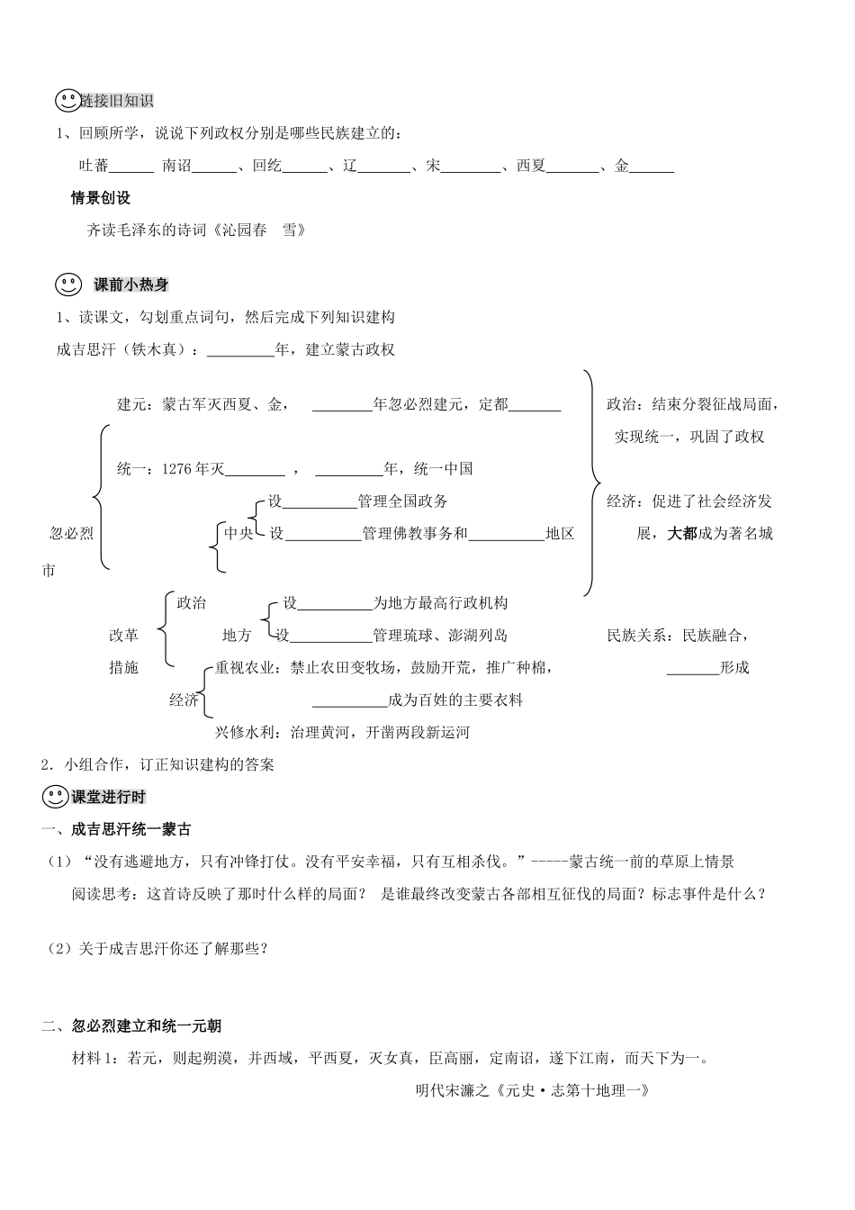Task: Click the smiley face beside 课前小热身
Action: [68, 284]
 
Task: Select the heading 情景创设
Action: [101, 198]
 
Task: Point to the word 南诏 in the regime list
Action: [176, 166]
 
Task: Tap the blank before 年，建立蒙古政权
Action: [240, 351]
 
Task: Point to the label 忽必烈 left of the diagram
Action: [71, 533]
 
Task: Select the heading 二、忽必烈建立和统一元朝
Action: [131, 1025]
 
